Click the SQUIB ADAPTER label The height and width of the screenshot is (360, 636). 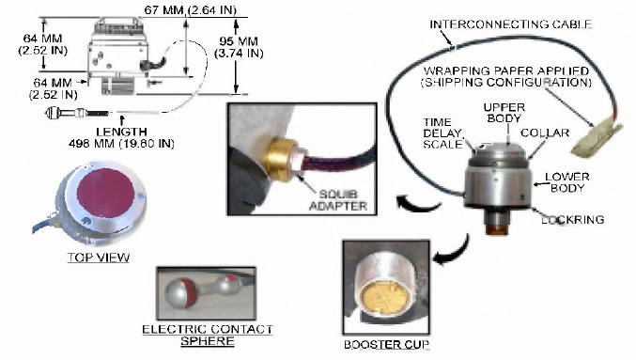pos(338,199)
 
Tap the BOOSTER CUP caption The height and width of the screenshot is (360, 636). pos(386,345)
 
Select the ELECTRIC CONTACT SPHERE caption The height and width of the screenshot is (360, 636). pos(208,335)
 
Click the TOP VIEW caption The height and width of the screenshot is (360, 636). pos(99,258)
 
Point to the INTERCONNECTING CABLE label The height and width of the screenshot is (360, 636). pos(510,24)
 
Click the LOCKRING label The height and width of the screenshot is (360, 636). pos(573,220)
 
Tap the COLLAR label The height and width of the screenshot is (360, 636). pos(545,133)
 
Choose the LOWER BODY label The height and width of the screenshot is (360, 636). pos(567,182)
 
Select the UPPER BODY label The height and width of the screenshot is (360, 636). pos(504,113)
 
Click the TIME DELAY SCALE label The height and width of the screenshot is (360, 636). pos(442,133)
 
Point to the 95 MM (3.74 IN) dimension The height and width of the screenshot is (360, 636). pos(239,47)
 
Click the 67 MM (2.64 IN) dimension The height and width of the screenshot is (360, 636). pos(190,9)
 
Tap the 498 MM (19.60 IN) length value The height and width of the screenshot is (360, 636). pos(121,143)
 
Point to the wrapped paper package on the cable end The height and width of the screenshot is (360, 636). pos(597,137)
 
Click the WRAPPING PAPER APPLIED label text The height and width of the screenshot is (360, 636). pos(506,70)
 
